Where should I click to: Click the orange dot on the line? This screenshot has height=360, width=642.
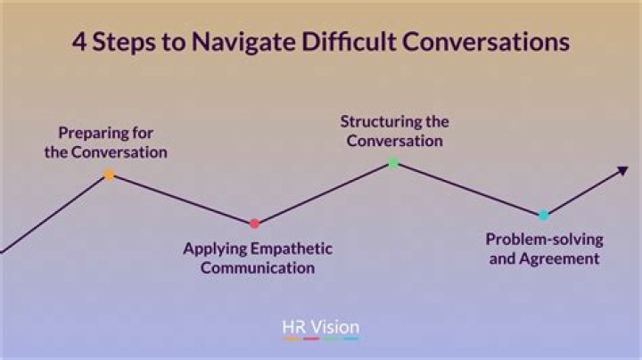click(109, 176)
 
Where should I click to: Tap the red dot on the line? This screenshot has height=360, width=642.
click(254, 224)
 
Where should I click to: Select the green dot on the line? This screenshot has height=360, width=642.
click(393, 163)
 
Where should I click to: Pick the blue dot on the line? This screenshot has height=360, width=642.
click(543, 215)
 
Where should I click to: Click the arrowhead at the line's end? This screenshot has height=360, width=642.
click(621, 171)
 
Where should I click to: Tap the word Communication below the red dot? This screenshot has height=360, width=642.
click(258, 266)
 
